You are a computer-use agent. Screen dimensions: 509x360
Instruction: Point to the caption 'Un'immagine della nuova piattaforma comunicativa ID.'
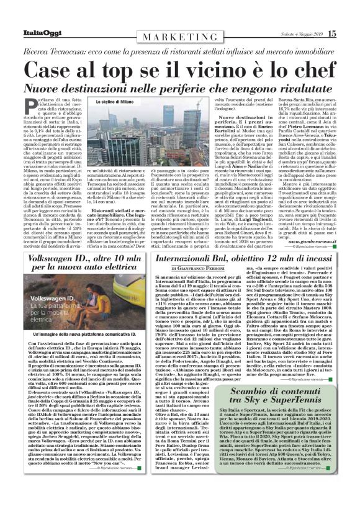[89, 352]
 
